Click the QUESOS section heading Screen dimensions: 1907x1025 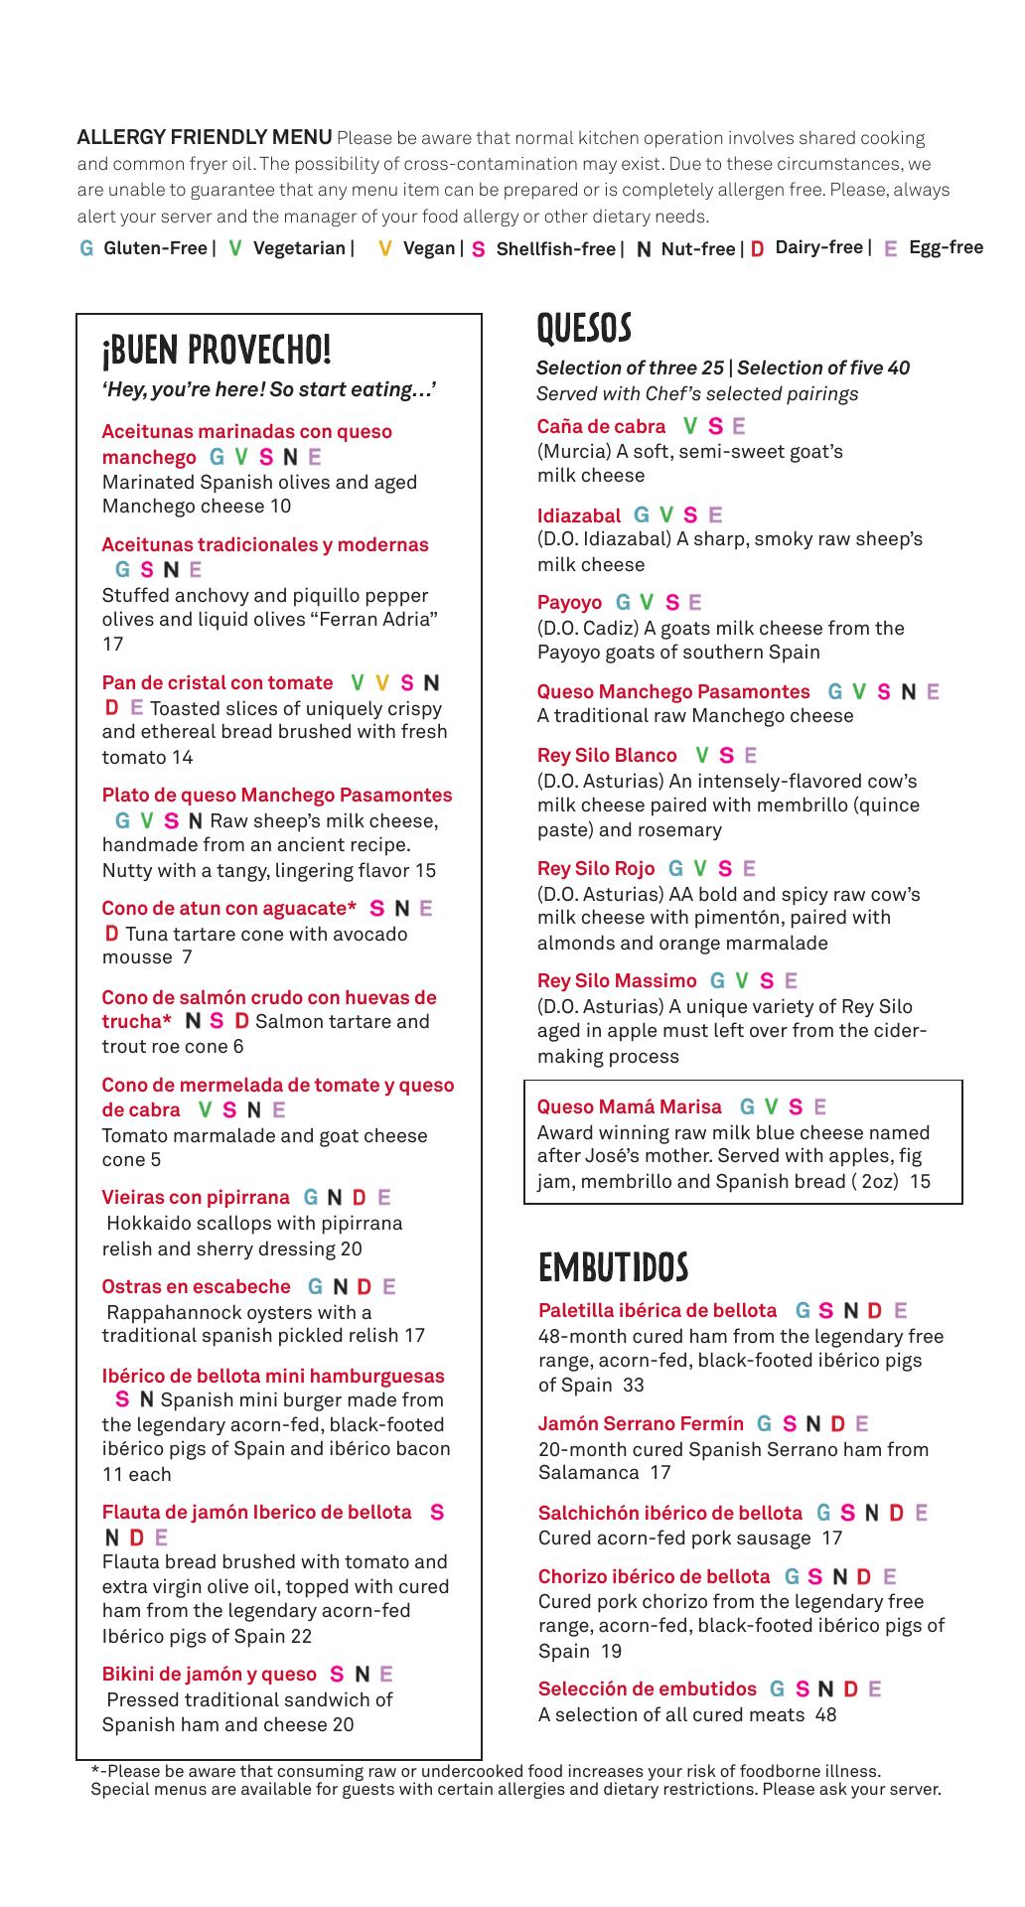click(583, 327)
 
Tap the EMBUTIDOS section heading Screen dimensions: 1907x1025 click(613, 1267)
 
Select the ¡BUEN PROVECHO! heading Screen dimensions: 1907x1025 click(217, 350)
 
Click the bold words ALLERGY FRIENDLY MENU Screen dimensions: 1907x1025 click(205, 138)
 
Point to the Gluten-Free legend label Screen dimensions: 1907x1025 click(155, 248)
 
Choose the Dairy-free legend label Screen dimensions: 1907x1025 click(818, 247)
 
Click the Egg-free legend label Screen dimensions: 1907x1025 click(946, 247)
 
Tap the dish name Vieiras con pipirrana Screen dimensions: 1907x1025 click(196, 1198)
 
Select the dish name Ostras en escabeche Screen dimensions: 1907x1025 click(196, 1287)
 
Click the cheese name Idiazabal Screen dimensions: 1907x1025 click(578, 515)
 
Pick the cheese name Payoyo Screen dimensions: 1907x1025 click(569, 603)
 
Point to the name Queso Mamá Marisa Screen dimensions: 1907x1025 click(629, 1106)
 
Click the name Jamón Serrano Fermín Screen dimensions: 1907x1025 click(641, 1424)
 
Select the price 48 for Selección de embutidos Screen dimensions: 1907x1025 click(825, 1714)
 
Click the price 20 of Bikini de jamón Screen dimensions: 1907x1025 click(343, 1724)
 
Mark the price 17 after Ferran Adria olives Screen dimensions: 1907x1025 click(112, 644)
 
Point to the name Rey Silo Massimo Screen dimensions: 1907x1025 click(617, 981)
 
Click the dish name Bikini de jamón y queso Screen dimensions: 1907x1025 click(209, 1675)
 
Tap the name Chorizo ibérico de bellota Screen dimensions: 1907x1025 click(654, 1576)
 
